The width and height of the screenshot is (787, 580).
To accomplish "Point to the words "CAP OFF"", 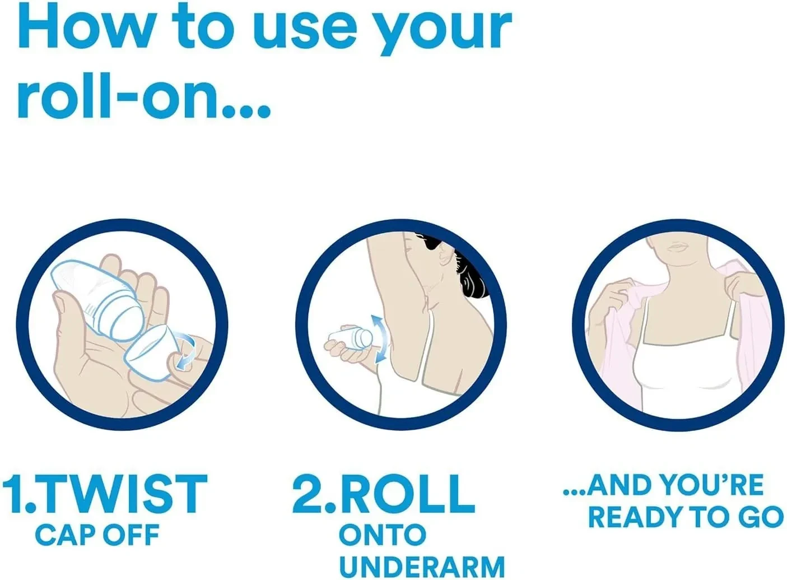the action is coord(97,535).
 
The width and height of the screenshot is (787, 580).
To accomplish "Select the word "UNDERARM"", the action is coord(422,567).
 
